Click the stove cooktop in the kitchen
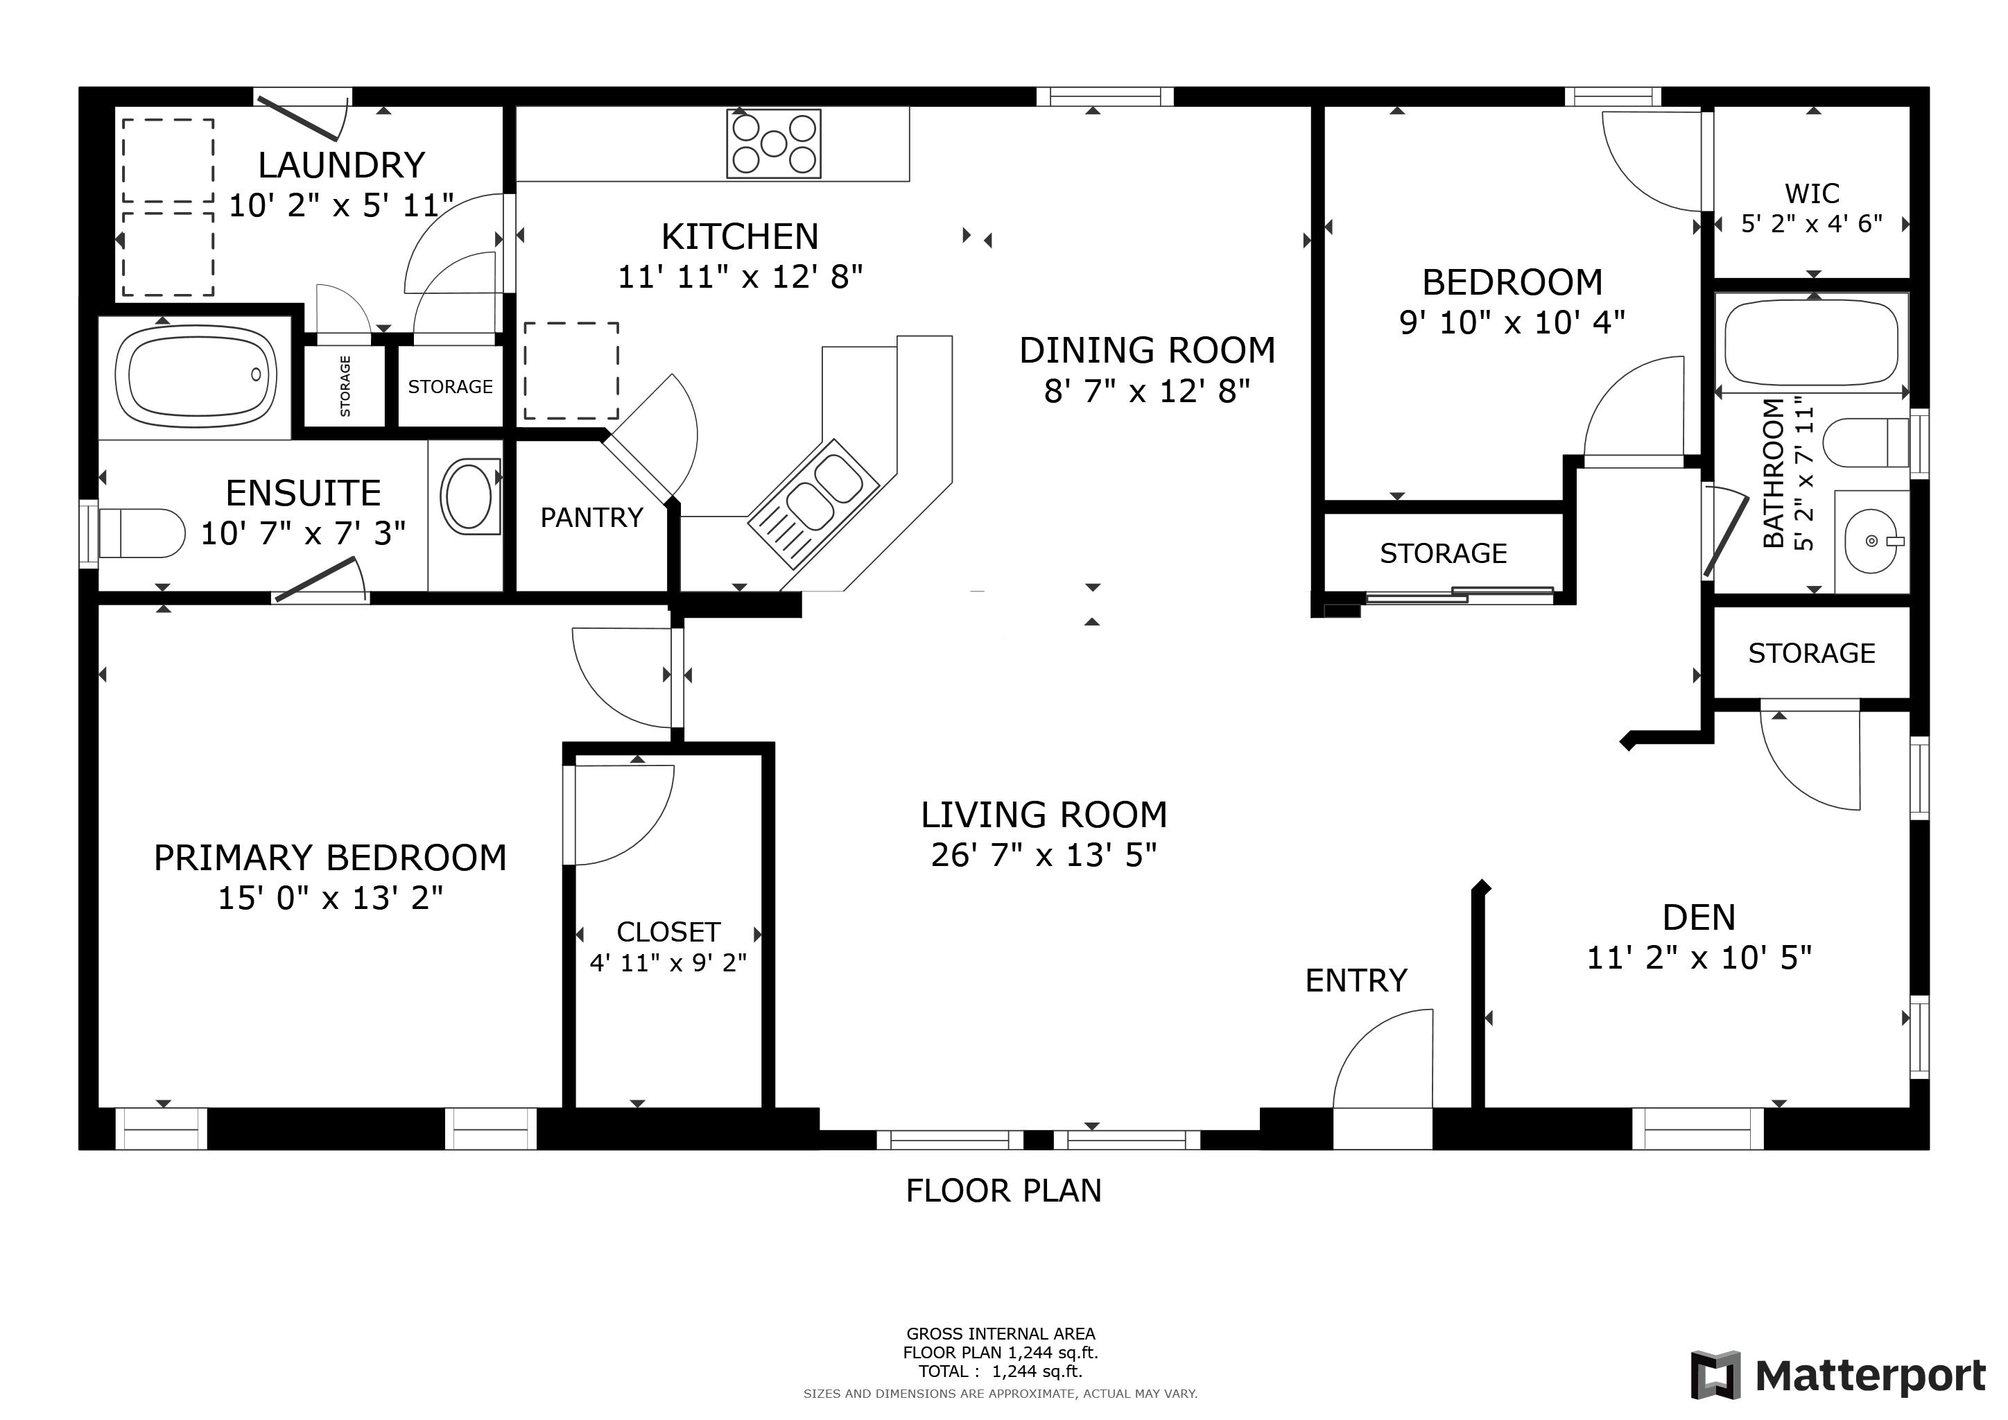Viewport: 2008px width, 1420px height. coord(774,143)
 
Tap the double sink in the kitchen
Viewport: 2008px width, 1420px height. coord(813,502)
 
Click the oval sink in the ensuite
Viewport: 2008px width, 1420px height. coord(469,496)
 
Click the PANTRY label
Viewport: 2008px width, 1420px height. coord(592,518)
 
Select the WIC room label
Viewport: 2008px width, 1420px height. coord(1812,193)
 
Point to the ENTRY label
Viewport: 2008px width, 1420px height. coord(1356,980)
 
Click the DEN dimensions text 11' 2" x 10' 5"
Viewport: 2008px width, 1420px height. coord(1699,958)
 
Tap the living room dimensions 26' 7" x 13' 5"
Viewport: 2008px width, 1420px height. coord(1044,854)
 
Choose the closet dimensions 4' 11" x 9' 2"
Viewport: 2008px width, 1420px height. coord(668,962)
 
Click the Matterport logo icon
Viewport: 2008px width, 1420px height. coord(1716,1376)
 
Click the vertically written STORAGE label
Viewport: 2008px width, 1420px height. coord(345,386)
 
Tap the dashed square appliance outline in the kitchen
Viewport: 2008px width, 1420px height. coord(571,371)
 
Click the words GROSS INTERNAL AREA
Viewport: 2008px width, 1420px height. coord(1001,1333)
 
